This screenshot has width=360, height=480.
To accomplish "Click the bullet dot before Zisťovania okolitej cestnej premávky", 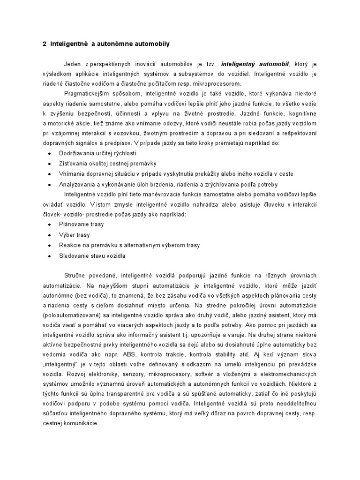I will [49, 164].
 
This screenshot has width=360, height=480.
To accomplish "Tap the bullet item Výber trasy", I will [74, 234].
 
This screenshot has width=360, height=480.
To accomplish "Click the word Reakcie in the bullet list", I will [70, 245].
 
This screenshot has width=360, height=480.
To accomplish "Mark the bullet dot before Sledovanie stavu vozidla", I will [49, 256].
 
